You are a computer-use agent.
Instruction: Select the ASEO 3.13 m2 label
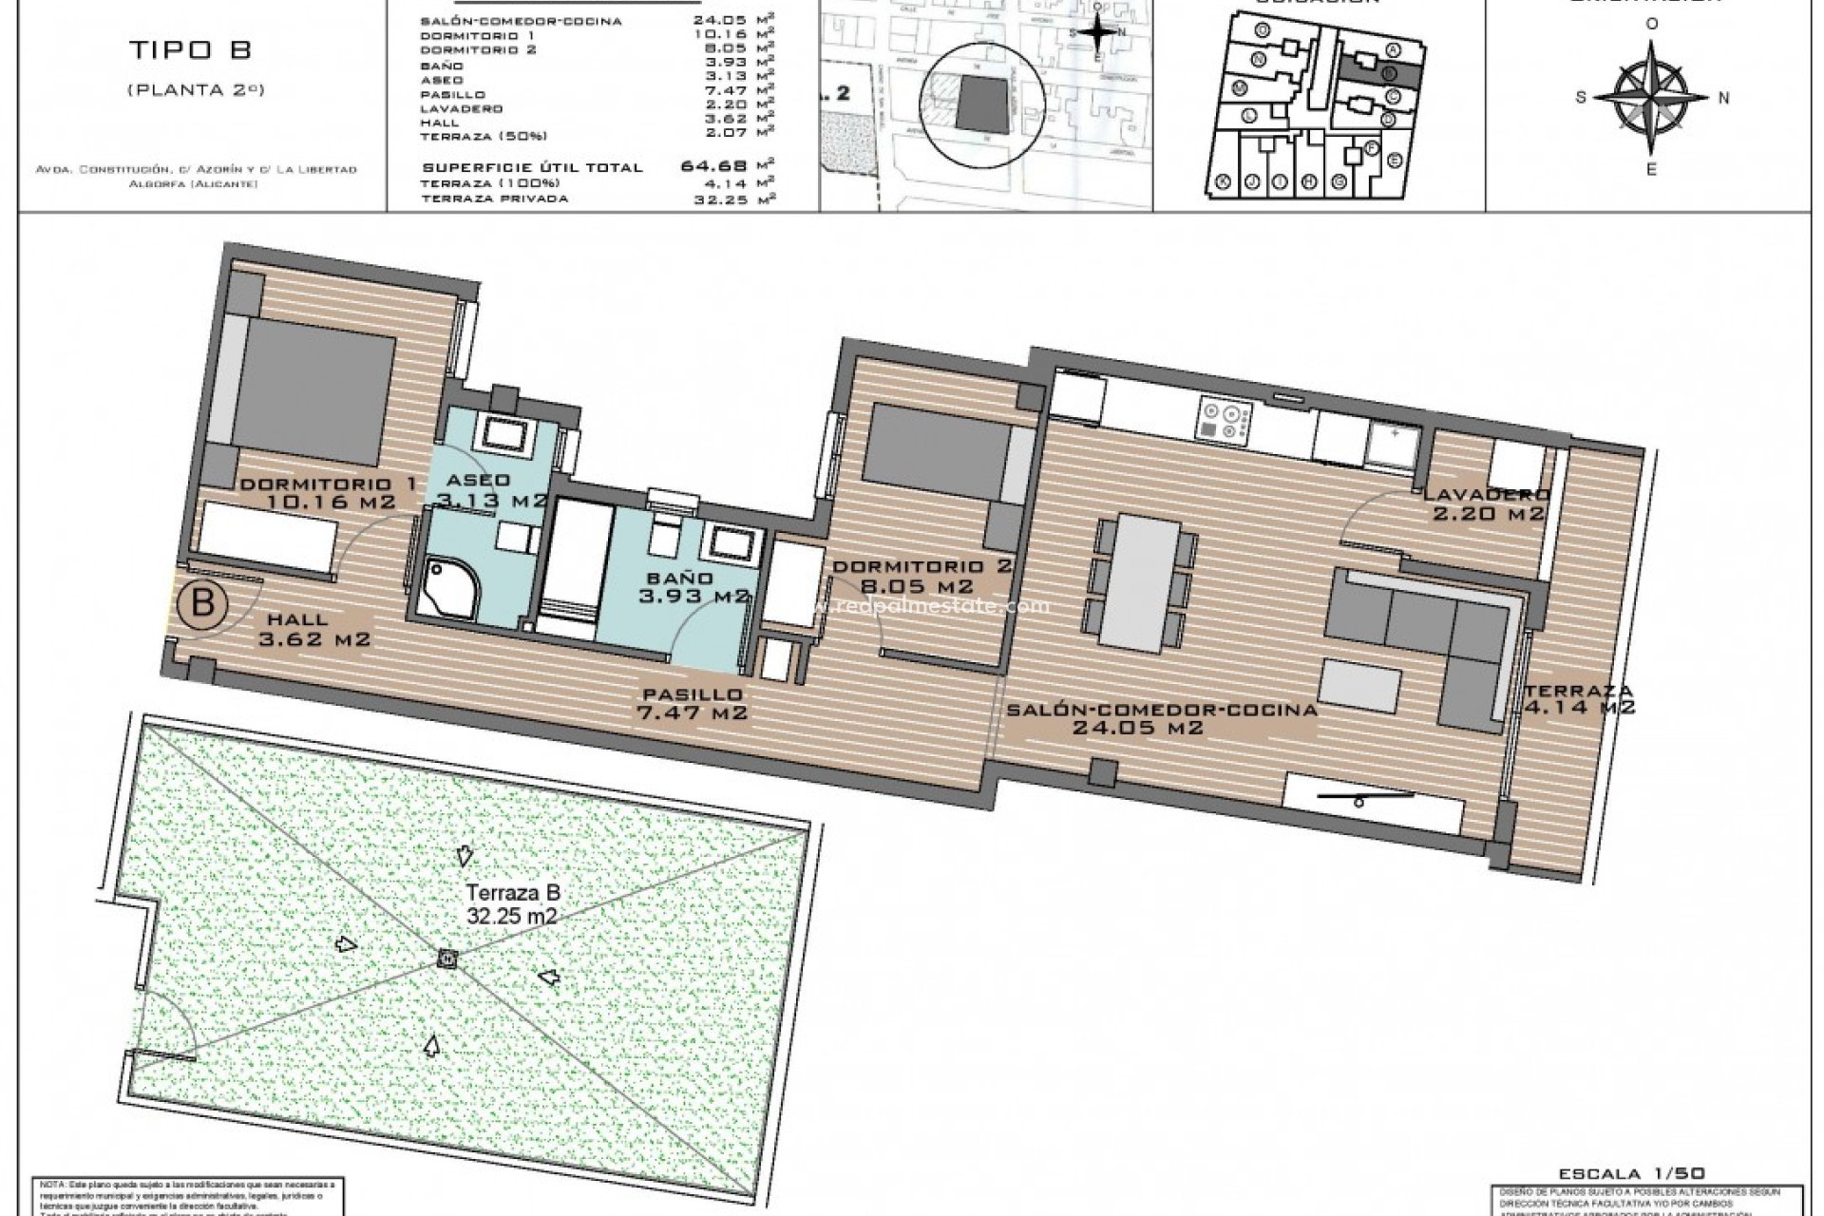(x=491, y=489)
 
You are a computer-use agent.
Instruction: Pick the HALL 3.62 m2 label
(x=313, y=629)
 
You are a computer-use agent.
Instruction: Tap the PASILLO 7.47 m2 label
(x=693, y=703)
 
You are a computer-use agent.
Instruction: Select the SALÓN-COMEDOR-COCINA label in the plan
(x=1161, y=718)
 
